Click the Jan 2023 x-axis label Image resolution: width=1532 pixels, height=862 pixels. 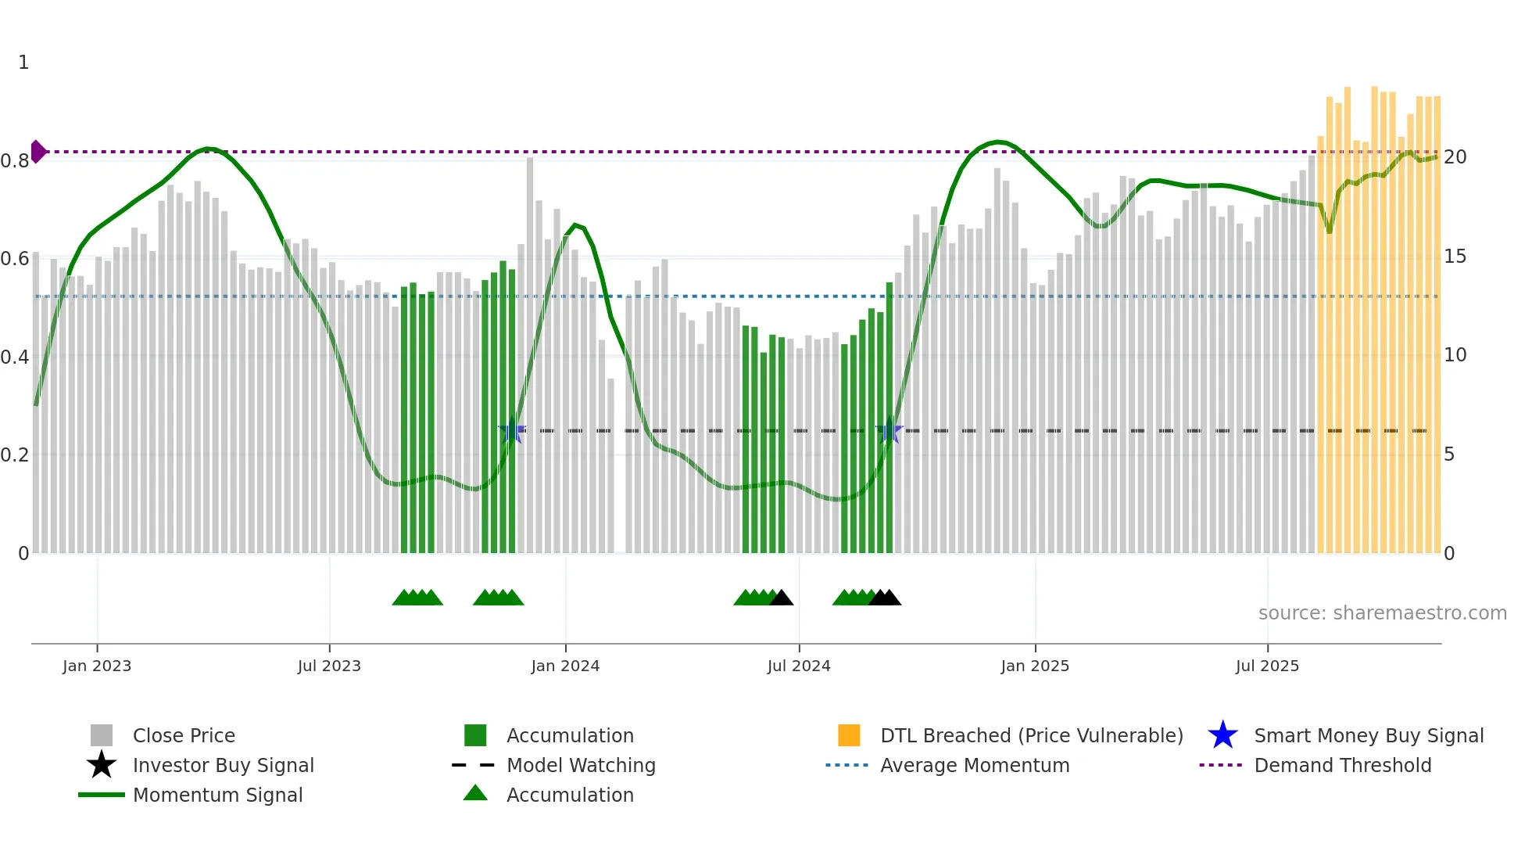pyautogui.click(x=97, y=666)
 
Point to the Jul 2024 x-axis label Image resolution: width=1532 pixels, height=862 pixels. pyautogui.click(x=799, y=666)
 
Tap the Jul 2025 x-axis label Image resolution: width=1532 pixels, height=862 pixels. pyautogui.click(x=1267, y=666)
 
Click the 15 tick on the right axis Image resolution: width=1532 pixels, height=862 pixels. pyautogui.click(x=1455, y=257)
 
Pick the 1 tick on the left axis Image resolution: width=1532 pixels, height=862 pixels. pyautogui.click(x=23, y=63)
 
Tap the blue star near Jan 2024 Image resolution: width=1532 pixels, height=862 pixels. pyautogui.click(x=513, y=430)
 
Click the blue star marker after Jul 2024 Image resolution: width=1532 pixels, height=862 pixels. pyautogui.click(x=889, y=430)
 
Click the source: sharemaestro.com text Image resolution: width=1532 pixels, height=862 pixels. pyautogui.click(x=1382, y=613)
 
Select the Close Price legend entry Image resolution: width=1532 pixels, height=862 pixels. pyautogui.click(x=184, y=735)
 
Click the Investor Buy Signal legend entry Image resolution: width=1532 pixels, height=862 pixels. pyautogui.click(x=223, y=765)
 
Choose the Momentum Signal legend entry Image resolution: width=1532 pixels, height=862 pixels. pyautogui.click(x=217, y=795)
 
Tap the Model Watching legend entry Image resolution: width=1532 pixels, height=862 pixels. pyautogui.click(x=581, y=765)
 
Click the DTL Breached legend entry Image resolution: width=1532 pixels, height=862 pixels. pyautogui.click(x=1031, y=735)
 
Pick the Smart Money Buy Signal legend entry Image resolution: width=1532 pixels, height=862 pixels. pyautogui.click(x=1368, y=735)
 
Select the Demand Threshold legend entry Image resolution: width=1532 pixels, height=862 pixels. pyautogui.click(x=1342, y=765)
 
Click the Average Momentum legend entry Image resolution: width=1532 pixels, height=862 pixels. pyautogui.click(x=974, y=765)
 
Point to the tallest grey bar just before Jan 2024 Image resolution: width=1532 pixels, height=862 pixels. pyautogui.click(x=530, y=352)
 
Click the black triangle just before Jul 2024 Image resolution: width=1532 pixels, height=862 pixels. pyautogui.click(x=781, y=598)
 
